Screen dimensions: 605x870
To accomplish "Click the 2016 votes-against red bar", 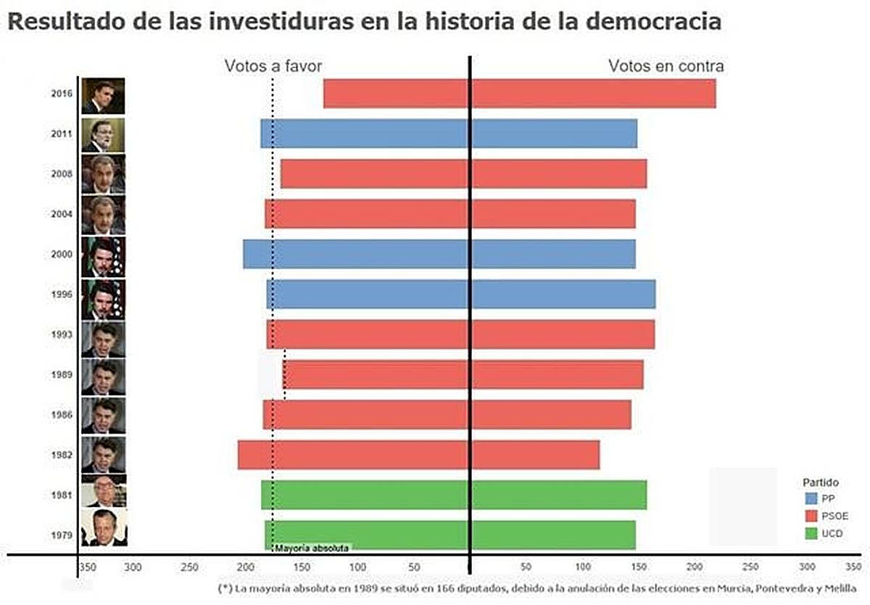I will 594,94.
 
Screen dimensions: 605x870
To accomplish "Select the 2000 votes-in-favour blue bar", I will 355,254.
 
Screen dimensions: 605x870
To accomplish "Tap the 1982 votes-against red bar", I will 536,455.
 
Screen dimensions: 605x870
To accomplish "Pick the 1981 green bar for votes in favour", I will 365,495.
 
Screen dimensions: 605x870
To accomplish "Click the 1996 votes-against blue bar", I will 563,294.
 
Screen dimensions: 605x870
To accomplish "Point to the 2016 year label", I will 61,94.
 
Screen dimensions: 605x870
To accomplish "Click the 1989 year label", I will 61,375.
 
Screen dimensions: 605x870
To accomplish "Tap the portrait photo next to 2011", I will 103,134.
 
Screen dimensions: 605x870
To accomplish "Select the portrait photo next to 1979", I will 103,527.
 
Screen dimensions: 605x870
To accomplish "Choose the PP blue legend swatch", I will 811,498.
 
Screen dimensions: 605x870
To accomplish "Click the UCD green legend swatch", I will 811,534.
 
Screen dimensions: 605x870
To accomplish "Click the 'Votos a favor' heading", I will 273,66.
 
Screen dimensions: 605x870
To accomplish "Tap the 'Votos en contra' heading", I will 666,66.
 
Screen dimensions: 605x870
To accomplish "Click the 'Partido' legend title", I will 821,482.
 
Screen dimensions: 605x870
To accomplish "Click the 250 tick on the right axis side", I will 750,566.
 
